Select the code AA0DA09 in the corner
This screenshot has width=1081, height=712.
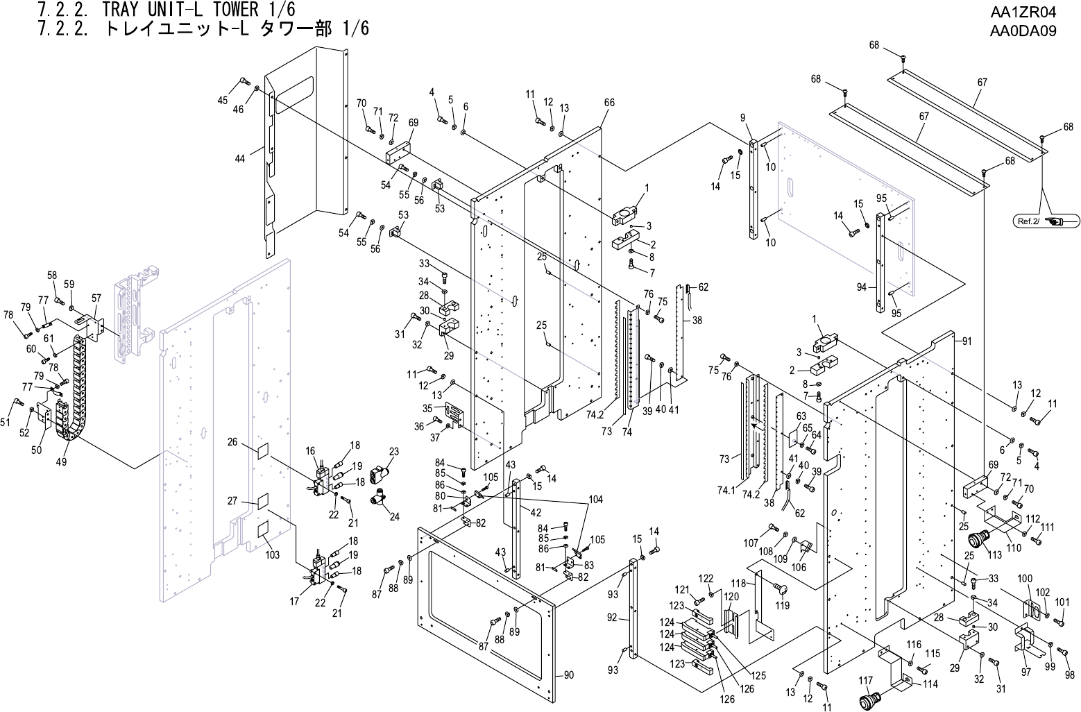click(1023, 31)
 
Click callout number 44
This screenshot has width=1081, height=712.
click(240, 159)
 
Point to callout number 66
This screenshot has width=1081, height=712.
click(609, 103)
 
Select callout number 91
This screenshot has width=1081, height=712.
click(967, 341)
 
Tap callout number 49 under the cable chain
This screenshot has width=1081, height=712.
click(61, 462)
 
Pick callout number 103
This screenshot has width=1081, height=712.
click(272, 555)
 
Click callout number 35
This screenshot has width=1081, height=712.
click(428, 408)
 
